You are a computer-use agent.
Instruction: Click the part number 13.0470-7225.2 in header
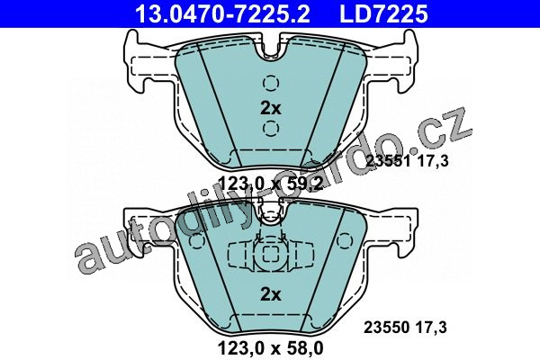pos(223,13)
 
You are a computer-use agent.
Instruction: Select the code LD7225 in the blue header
pos(383,13)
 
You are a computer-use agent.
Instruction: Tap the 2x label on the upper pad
pos(271,109)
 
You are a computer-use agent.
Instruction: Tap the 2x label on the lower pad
pos(271,294)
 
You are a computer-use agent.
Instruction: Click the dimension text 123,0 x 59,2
pos(271,184)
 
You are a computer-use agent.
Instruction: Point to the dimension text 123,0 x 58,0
pos(271,348)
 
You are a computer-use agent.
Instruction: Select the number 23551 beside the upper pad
pos(388,160)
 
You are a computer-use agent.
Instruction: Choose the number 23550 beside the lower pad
pos(387,328)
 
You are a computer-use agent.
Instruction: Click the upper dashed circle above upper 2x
pos(271,83)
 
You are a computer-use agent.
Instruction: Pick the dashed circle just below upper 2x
pos(271,128)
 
